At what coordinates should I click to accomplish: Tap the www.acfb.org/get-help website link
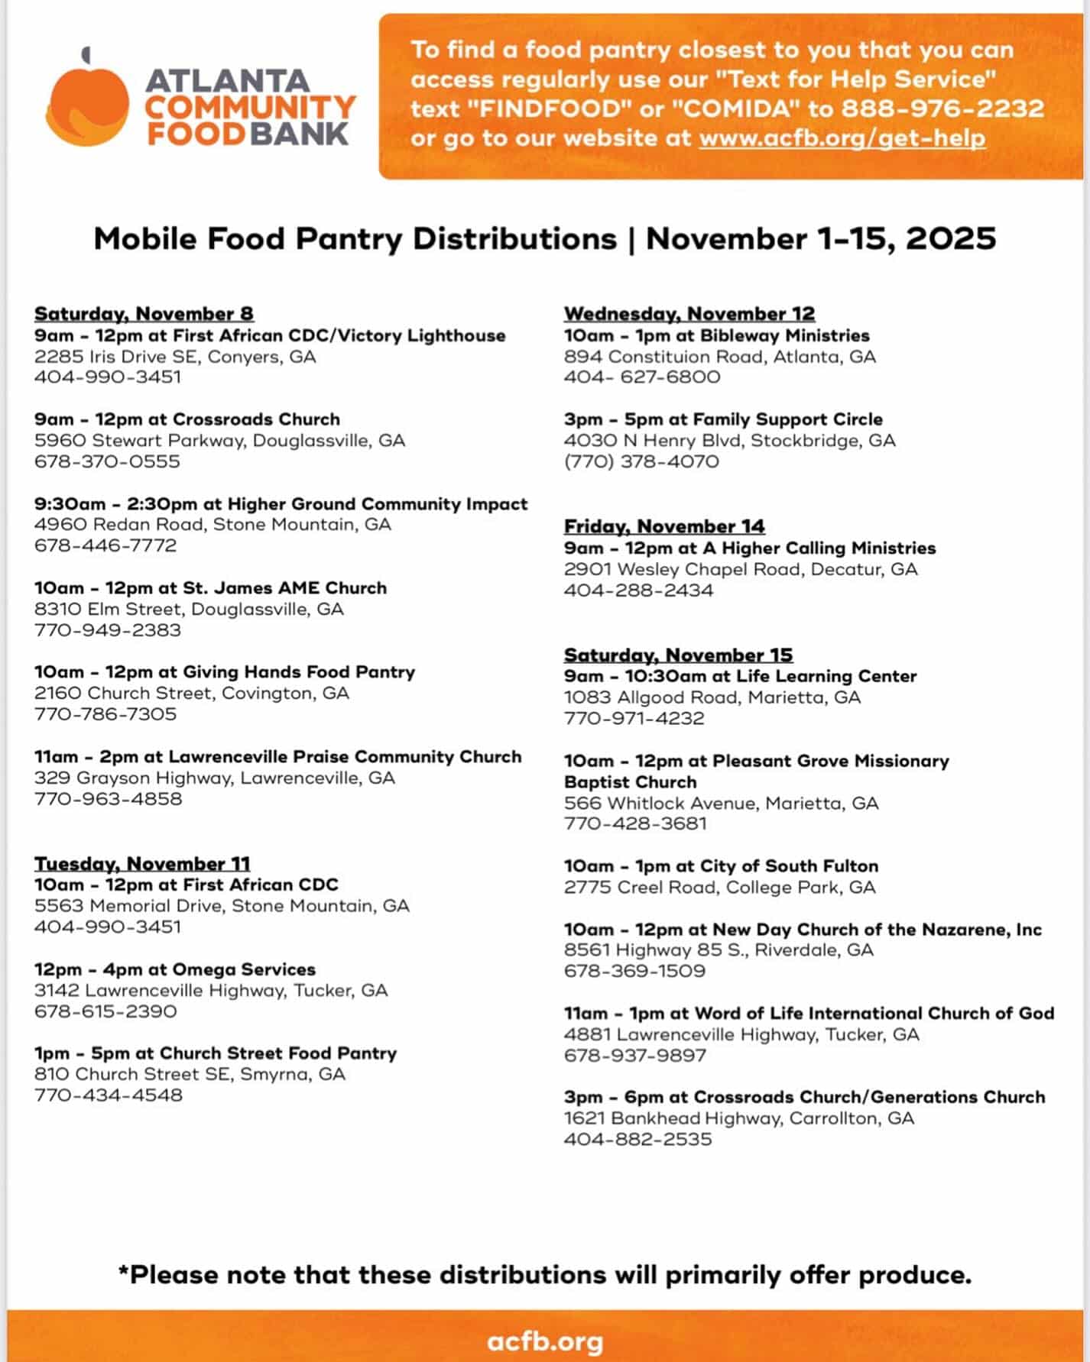pos(842,138)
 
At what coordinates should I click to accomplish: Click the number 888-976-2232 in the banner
pos(942,108)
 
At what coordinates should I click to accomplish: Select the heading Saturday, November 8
pos(144,314)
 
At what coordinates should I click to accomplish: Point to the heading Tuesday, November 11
pos(142,863)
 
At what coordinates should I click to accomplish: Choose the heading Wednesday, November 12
pos(689,314)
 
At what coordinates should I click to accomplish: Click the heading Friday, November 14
pos(664,526)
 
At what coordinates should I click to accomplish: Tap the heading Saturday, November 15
pos(678,655)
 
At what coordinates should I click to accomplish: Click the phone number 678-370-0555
pos(107,461)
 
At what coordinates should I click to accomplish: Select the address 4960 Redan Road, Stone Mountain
pos(212,525)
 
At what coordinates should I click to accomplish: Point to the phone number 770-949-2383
pos(108,630)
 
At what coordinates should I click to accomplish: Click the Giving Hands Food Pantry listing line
pos(225,672)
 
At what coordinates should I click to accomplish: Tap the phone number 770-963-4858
pos(108,799)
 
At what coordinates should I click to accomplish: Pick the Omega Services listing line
pos(175,969)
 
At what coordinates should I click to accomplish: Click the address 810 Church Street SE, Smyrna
pos(190,1074)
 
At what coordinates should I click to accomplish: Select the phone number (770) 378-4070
pos(641,461)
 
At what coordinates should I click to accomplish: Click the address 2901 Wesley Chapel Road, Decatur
pos(741,569)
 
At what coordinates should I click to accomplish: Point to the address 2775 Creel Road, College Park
pos(719,888)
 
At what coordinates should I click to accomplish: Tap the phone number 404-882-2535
pos(638,1139)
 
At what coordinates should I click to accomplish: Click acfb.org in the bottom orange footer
pos(545,1341)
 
